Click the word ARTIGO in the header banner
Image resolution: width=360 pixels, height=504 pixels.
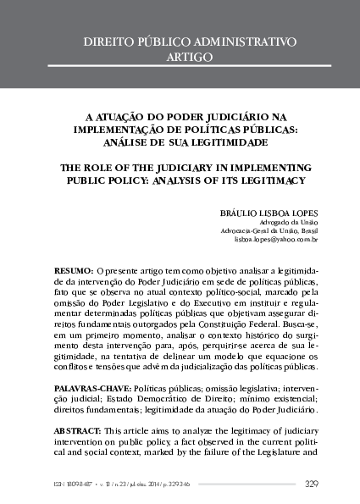coord(180,57)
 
